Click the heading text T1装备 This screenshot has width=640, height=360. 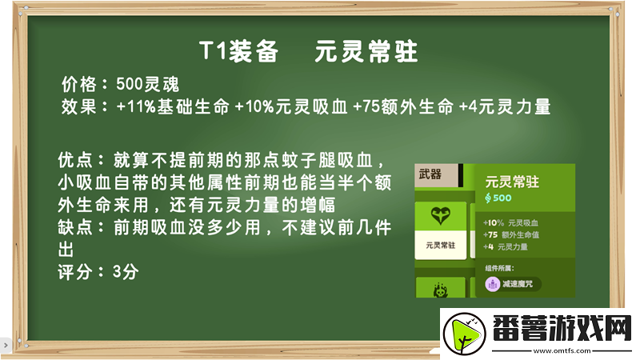(238, 52)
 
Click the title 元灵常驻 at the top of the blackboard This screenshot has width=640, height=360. (366, 52)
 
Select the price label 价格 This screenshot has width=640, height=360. (79, 84)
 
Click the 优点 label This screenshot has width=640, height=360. (78, 157)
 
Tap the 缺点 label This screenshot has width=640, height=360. (78, 227)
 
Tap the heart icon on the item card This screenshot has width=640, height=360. (440, 214)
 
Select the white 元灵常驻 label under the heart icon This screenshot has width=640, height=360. (440, 246)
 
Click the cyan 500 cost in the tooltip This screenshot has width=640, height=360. (502, 198)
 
